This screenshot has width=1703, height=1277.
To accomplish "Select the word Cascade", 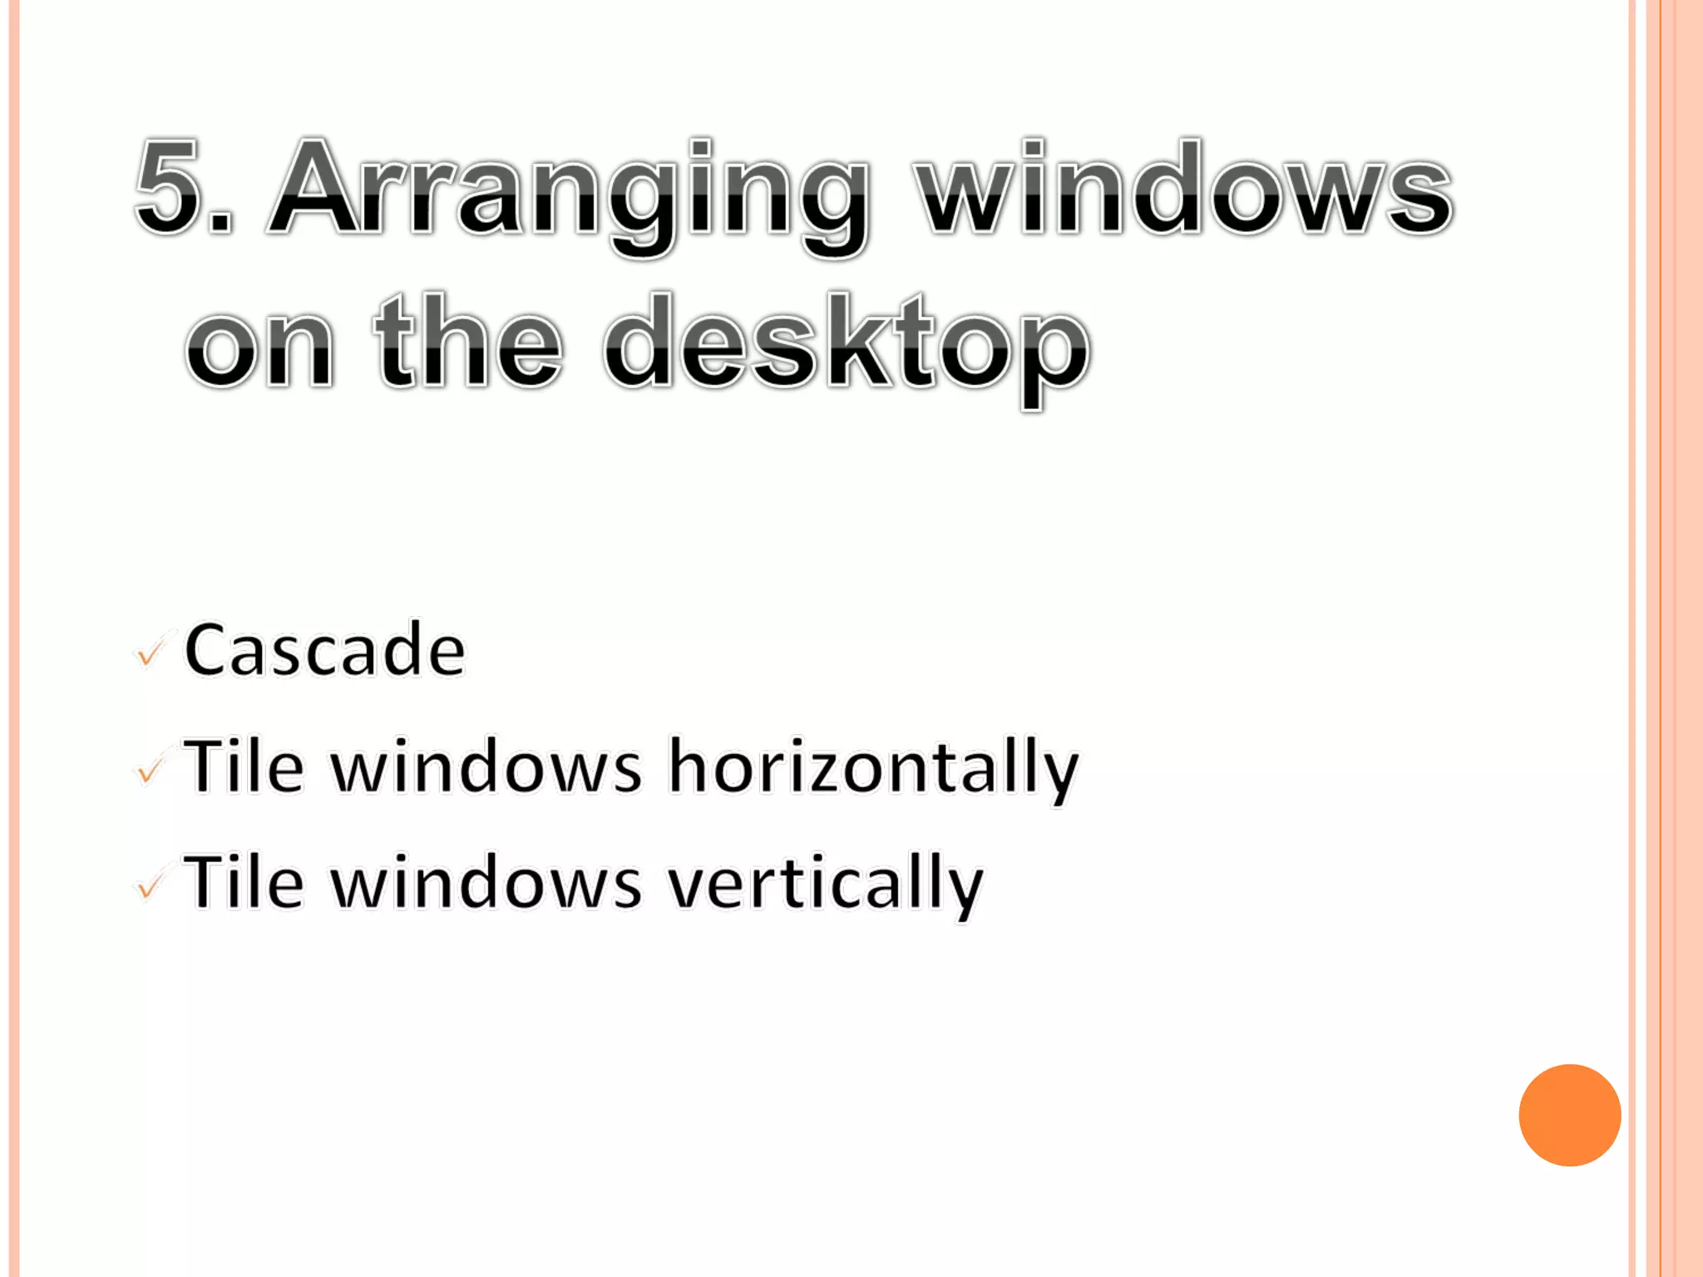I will [324, 650].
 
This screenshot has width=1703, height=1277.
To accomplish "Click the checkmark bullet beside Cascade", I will [150, 654].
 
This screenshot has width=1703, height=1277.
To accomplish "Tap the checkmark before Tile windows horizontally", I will [150, 771].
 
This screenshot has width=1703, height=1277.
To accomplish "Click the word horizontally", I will [873, 767].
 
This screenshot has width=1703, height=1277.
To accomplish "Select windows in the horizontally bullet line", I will [486, 767].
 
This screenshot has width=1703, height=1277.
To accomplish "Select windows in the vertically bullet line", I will [486, 883].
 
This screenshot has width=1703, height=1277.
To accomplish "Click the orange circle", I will [1569, 1115].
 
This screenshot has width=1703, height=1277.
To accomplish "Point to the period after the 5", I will [220, 223].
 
